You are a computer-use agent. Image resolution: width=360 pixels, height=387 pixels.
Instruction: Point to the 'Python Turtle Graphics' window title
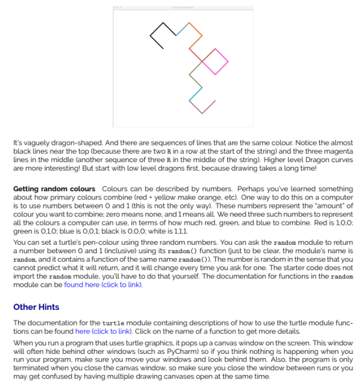pyautogui.click(x=180, y=5)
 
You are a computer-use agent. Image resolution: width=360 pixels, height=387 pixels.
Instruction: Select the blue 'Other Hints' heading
pyautogui.click(x=36, y=307)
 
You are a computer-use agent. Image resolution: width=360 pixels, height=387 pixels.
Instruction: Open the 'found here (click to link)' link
pyautogui.click(x=103, y=285)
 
